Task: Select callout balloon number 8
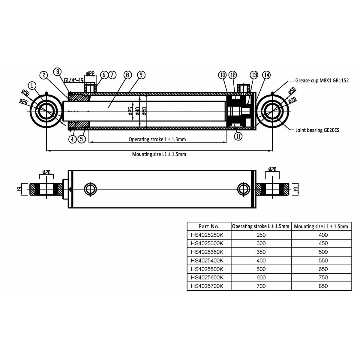tap(127, 75)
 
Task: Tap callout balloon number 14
tap(266, 75)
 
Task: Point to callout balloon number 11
tap(238, 136)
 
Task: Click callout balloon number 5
tap(82, 139)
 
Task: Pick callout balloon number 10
tap(223, 75)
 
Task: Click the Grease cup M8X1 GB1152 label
tap(322, 81)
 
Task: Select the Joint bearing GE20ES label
tap(317, 130)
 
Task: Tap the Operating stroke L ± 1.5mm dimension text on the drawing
tap(157, 139)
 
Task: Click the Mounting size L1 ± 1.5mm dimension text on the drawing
tap(159, 154)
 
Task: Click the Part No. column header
tap(209, 226)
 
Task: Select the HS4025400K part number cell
tap(209, 260)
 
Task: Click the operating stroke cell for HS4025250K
tap(261, 235)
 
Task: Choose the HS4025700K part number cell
tap(209, 286)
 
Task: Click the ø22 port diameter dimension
tap(90, 73)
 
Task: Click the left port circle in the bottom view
tap(91, 189)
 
